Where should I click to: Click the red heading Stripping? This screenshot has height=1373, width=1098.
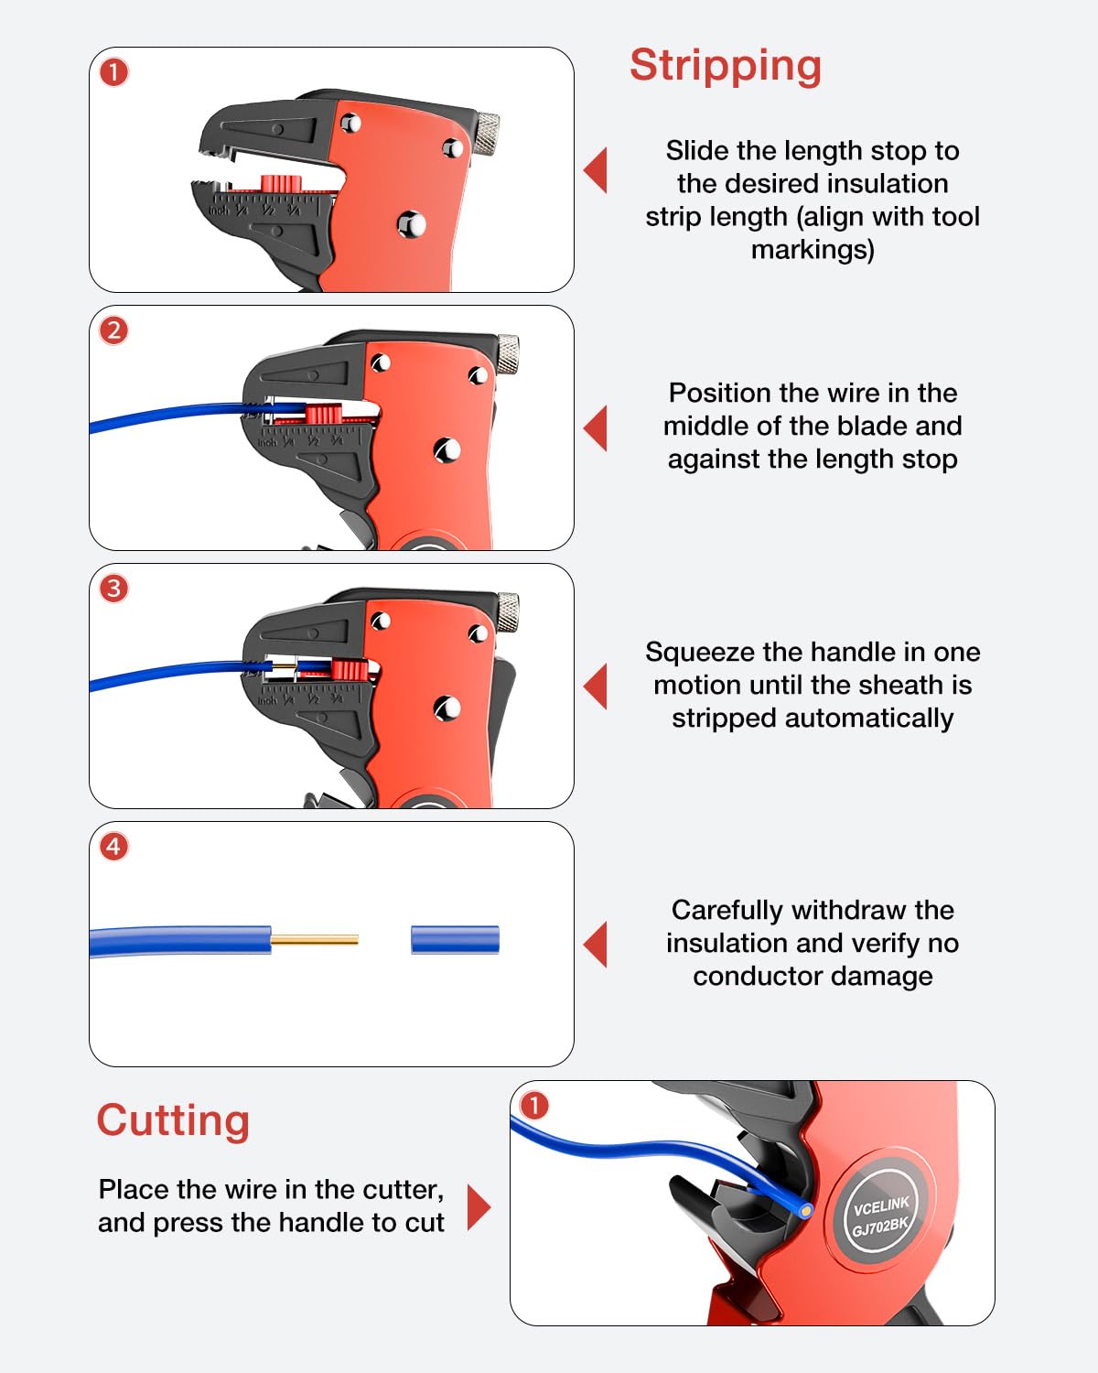click(x=726, y=66)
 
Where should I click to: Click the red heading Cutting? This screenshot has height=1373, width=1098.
click(x=173, y=1120)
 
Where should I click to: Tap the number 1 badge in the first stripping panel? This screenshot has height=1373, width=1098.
click(x=114, y=72)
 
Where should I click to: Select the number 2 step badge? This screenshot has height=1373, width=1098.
click(x=114, y=330)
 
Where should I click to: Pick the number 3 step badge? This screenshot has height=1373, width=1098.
click(x=114, y=589)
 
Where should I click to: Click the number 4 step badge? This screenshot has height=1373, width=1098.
click(x=114, y=847)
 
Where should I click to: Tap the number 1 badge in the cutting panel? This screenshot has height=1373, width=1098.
click(x=534, y=1106)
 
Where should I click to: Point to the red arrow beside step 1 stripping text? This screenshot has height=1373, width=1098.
click(x=596, y=170)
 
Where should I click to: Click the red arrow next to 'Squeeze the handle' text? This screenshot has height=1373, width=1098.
click(x=596, y=686)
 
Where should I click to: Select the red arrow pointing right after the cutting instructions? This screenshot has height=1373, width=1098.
click(x=479, y=1207)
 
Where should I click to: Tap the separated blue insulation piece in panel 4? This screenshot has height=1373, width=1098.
click(x=455, y=940)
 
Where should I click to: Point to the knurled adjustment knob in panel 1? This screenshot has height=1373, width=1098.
click(x=487, y=132)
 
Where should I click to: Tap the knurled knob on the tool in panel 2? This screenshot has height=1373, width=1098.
click(x=508, y=352)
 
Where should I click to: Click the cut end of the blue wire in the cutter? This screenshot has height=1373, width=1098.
click(x=805, y=1210)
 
